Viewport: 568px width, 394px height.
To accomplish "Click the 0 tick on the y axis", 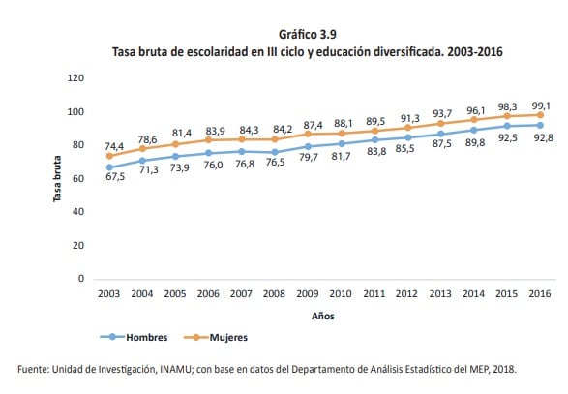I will click(82, 279).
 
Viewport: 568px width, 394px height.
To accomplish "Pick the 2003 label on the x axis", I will click(108, 292).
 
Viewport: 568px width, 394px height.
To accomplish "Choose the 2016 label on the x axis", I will click(539, 292).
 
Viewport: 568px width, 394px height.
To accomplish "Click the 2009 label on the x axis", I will click(307, 292).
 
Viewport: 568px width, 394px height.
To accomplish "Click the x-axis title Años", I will click(324, 316).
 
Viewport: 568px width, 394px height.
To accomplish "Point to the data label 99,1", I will click(540, 105).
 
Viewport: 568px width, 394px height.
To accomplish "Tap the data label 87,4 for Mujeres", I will click(307, 125).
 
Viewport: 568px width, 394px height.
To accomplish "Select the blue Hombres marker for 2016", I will click(539, 125).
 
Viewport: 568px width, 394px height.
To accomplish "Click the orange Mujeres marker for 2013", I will click(439, 123).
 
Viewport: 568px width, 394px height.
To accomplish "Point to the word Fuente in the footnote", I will click(36, 369).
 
